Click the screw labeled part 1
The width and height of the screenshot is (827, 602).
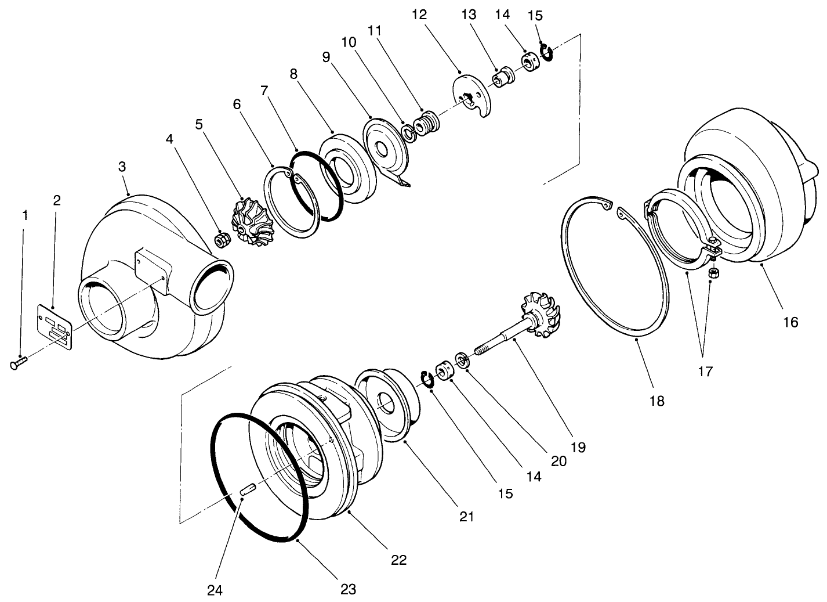coord(17,363)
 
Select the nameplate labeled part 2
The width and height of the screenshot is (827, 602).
coord(55,327)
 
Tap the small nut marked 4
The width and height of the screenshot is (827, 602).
coord(222,239)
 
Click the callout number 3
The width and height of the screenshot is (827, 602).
coord(122,167)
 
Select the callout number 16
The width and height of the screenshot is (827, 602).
coord(790,322)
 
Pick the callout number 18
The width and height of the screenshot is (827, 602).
coord(656,401)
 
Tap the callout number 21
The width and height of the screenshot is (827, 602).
coord(467,516)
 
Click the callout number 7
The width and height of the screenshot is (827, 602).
coord(264,91)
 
